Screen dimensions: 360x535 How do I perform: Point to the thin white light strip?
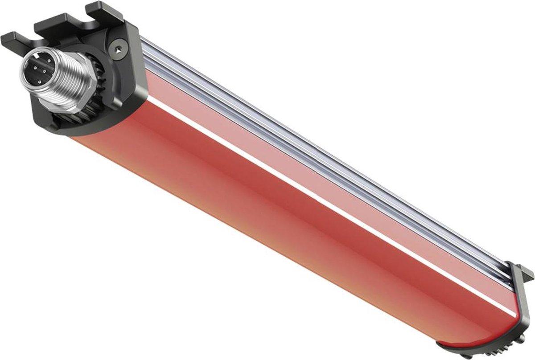312,196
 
